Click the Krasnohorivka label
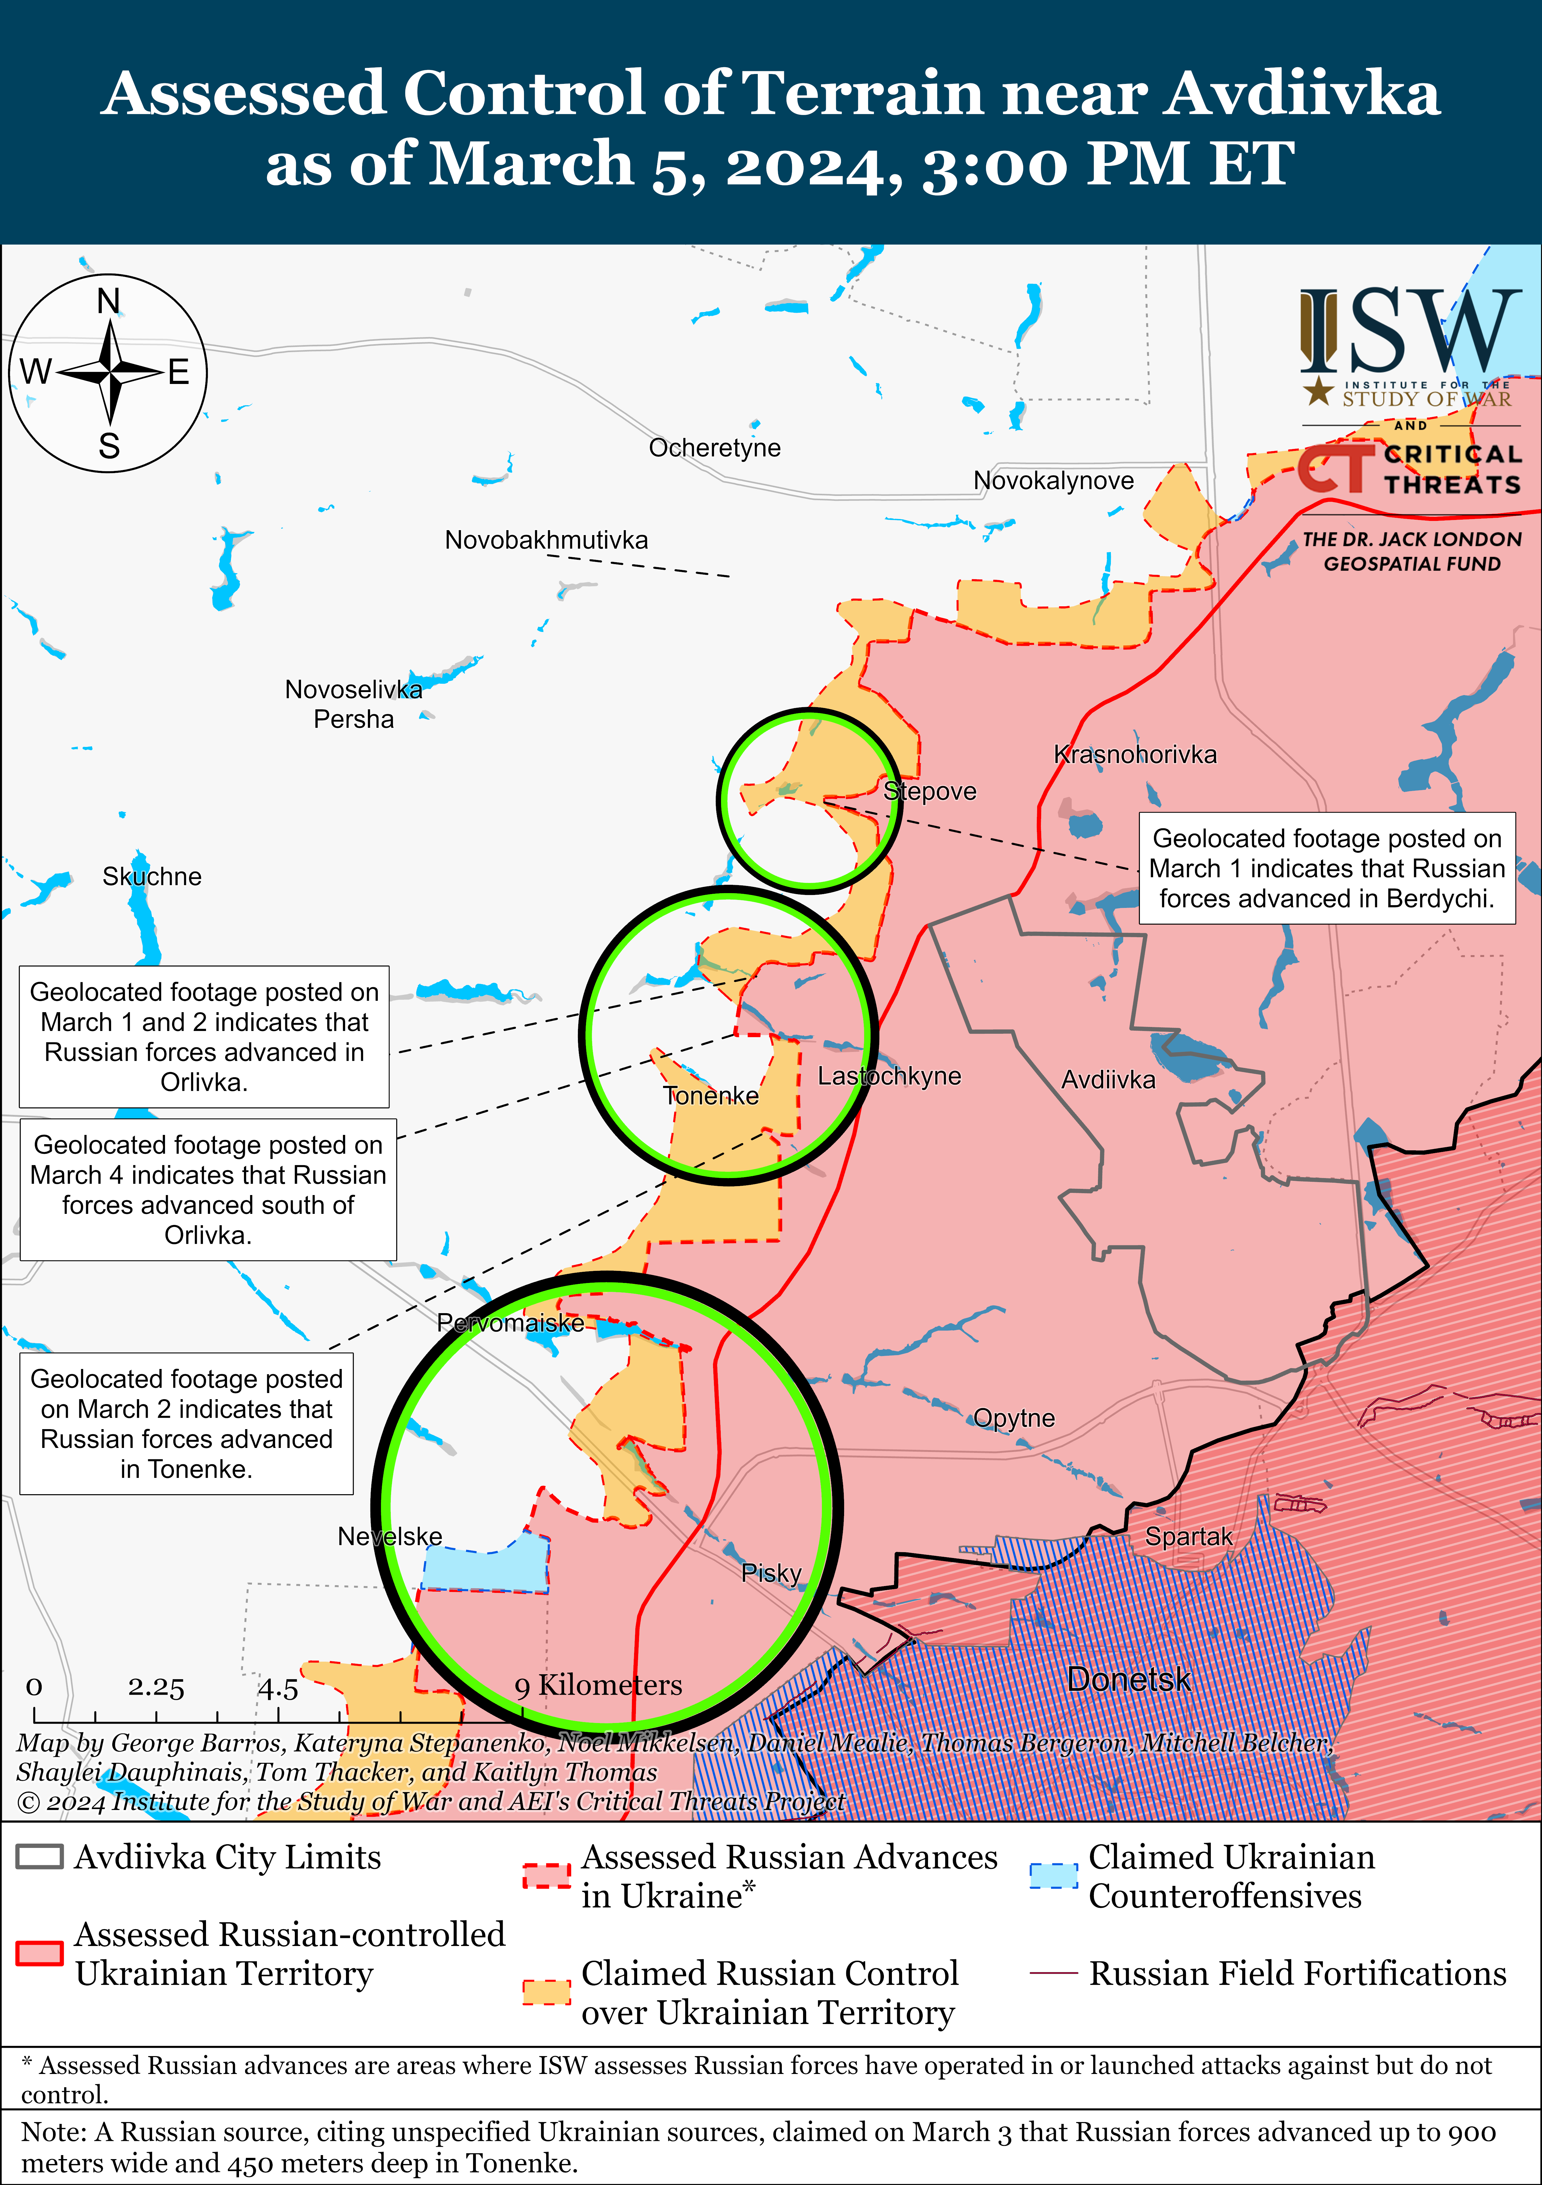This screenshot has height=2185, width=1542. (x=1135, y=755)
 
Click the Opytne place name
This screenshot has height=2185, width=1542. (x=1014, y=1418)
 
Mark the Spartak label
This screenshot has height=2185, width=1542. (x=1188, y=1536)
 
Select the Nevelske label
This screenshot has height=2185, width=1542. (x=390, y=1536)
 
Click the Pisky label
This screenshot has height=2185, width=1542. (x=771, y=1573)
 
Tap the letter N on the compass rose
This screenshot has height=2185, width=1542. (x=109, y=302)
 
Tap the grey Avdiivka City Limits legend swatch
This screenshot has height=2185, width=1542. (x=40, y=1857)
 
